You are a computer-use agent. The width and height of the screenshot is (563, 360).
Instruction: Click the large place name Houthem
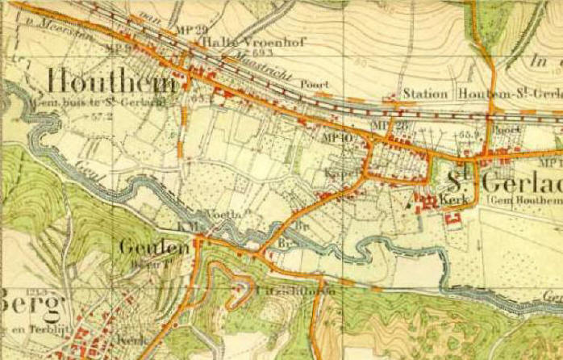click(112, 82)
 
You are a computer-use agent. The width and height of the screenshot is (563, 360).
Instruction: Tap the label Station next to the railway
click(425, 94)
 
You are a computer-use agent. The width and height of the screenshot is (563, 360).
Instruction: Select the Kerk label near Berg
click(129, 341)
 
